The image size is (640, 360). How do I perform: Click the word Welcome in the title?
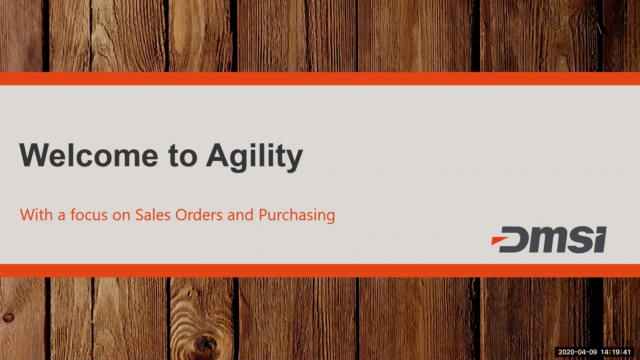[89, 155]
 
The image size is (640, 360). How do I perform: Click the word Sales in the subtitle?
[153, 215]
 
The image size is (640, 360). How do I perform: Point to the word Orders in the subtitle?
[199, 215]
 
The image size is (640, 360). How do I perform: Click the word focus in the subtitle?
[89, 215]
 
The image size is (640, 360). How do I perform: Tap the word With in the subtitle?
[36, 215]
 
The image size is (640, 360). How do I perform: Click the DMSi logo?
[549, 239]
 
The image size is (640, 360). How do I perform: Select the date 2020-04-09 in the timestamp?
[577, 352]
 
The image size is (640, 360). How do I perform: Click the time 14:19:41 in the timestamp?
[616, 352]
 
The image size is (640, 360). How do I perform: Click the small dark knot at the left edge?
[8, 317]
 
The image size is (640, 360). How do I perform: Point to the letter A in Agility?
[218, 155]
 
